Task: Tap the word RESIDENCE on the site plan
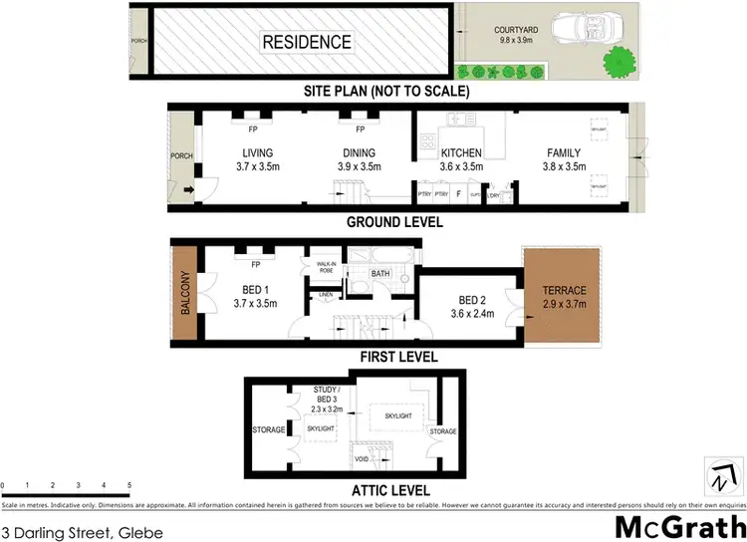pyautogui.click(x=307, y=42)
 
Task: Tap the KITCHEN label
pyautogui.click(x=461, y=152)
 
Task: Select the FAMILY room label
pyautogui.click(x=563, y=152)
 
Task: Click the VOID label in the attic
pyautogui.click(x=361, y=459)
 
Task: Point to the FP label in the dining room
pyautogui.click(x=360, y=130)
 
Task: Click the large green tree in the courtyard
pyautogui.click(x=620, y=61)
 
